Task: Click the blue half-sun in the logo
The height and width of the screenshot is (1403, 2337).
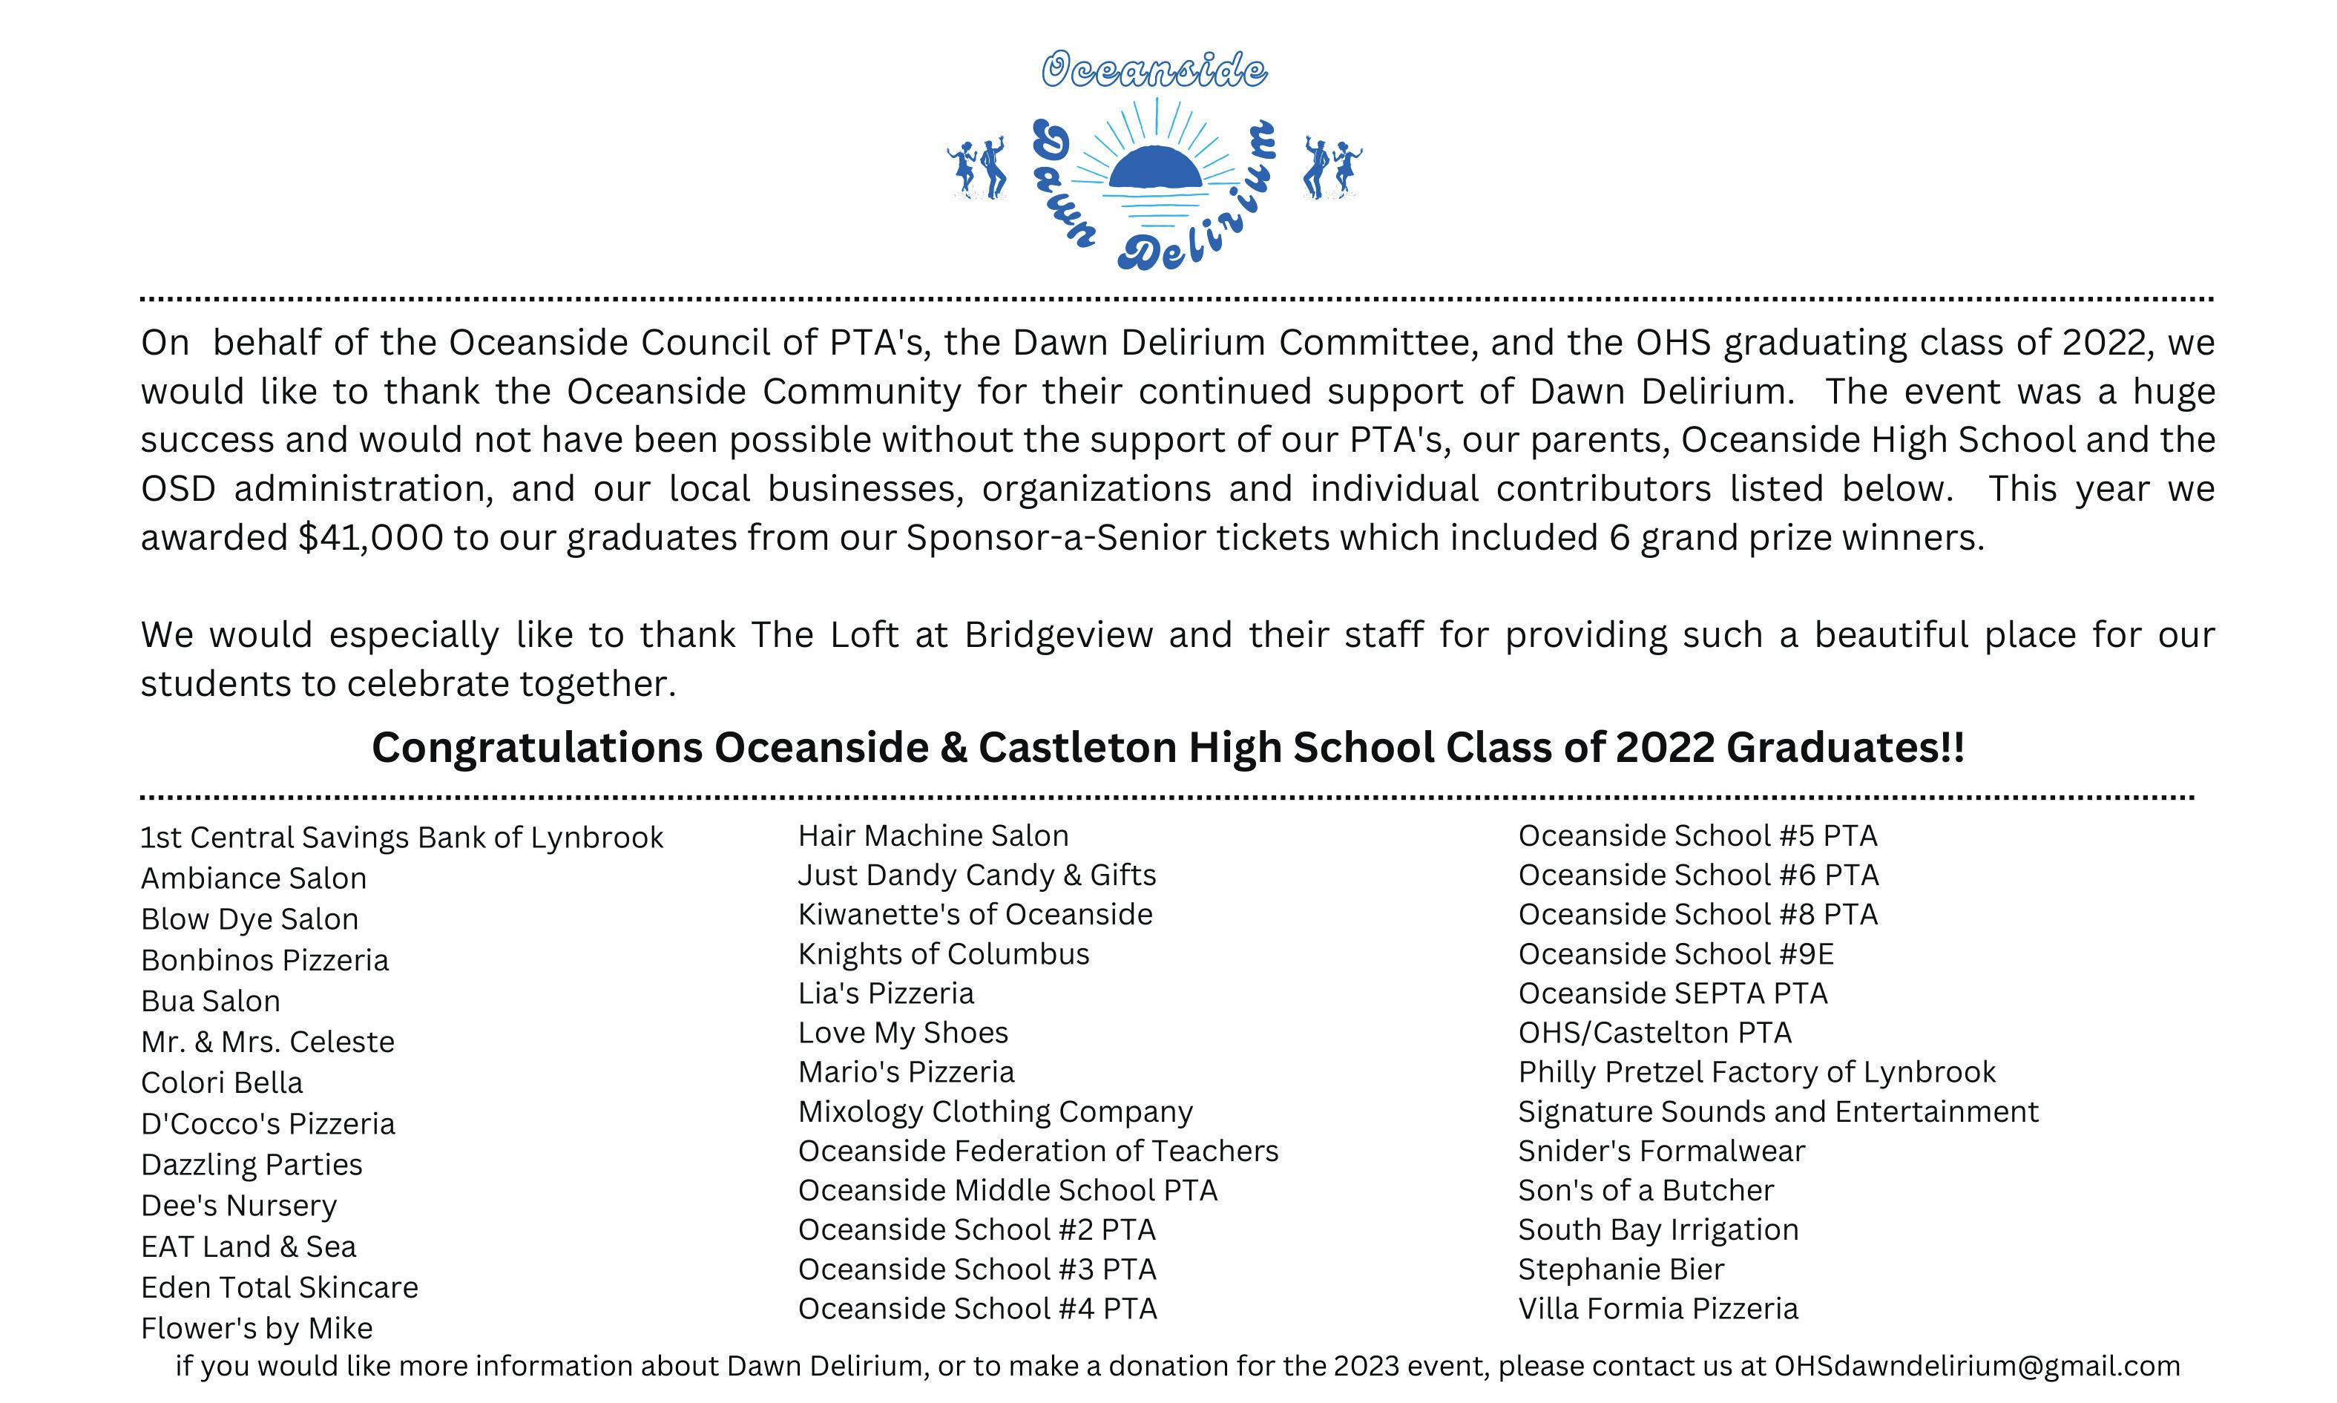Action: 1154,168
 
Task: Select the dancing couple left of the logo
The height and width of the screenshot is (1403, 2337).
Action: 976,169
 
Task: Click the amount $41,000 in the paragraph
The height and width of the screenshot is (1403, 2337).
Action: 371,538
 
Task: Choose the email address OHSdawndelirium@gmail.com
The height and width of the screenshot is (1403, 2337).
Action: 1977,1366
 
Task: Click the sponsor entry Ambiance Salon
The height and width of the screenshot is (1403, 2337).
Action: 254,878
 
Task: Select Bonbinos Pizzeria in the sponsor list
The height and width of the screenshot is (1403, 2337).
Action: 265,961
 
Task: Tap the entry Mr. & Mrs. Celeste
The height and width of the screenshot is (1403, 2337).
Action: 268,1042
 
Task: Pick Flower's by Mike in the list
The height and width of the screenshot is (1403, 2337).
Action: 256,1328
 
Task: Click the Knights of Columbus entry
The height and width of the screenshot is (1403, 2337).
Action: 944,954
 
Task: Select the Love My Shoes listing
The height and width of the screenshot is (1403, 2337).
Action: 903,1032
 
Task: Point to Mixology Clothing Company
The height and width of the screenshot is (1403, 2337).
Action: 995,1112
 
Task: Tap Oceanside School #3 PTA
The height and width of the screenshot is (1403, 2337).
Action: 976,1269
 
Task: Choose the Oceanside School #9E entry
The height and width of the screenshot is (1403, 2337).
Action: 1675,954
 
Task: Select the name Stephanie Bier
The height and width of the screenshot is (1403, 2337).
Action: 1620,1269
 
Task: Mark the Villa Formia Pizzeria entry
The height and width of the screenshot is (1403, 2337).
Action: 1657,1309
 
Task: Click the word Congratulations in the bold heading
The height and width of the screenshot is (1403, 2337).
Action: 536,748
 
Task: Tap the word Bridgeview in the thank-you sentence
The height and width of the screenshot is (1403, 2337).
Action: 1058,635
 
